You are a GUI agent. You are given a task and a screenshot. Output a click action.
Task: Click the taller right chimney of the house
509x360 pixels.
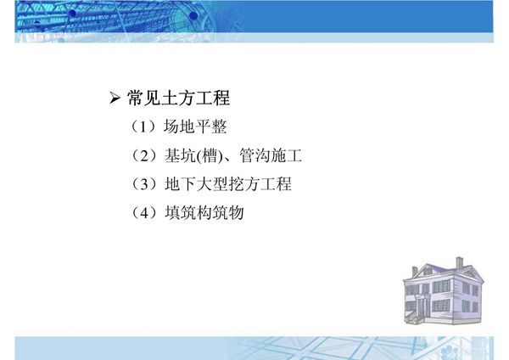[459, 263]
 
